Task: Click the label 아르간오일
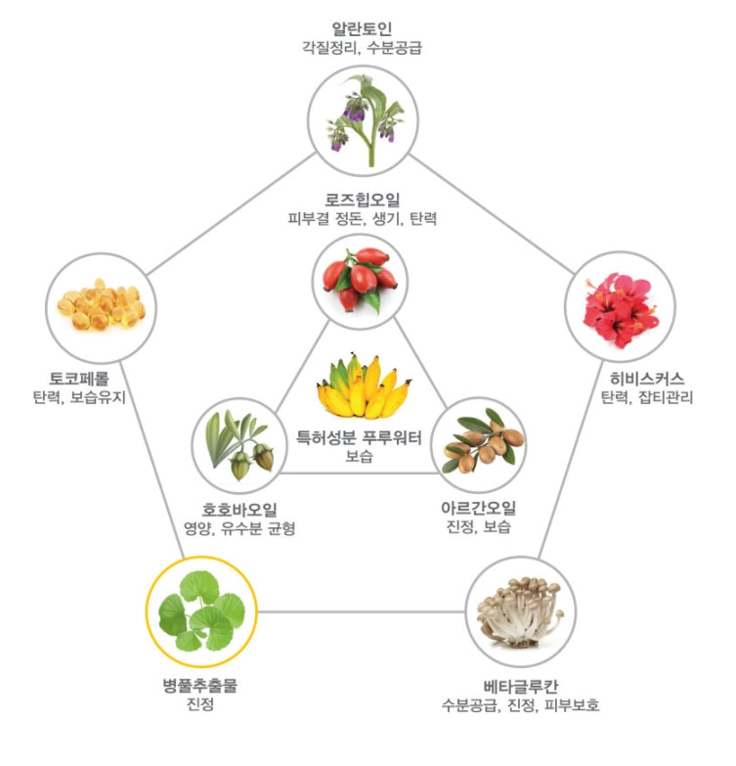pos(478,508)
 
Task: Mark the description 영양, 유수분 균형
pos(238,529)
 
